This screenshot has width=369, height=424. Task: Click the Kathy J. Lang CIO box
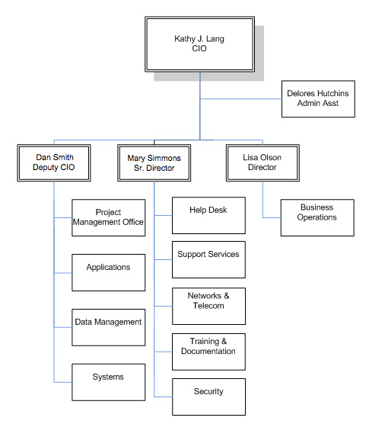[x=200, y=43]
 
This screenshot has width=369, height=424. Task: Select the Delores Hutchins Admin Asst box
[x=318, y=98]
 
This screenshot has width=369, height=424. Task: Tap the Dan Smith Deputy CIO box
[x=54, y=162]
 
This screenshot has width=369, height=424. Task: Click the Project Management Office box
[x=108, y=217]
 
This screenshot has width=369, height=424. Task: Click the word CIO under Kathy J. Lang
[x=200, y=48]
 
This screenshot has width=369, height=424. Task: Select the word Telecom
[x=208, y=306]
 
